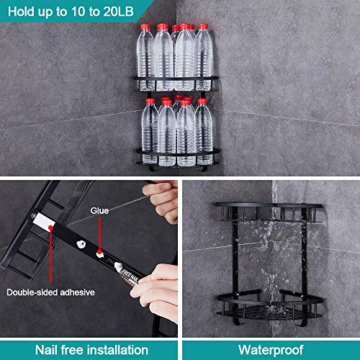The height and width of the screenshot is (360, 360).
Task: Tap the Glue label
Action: click(100, 211)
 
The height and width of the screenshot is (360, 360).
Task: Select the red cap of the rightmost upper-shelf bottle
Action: click(203, 27)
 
